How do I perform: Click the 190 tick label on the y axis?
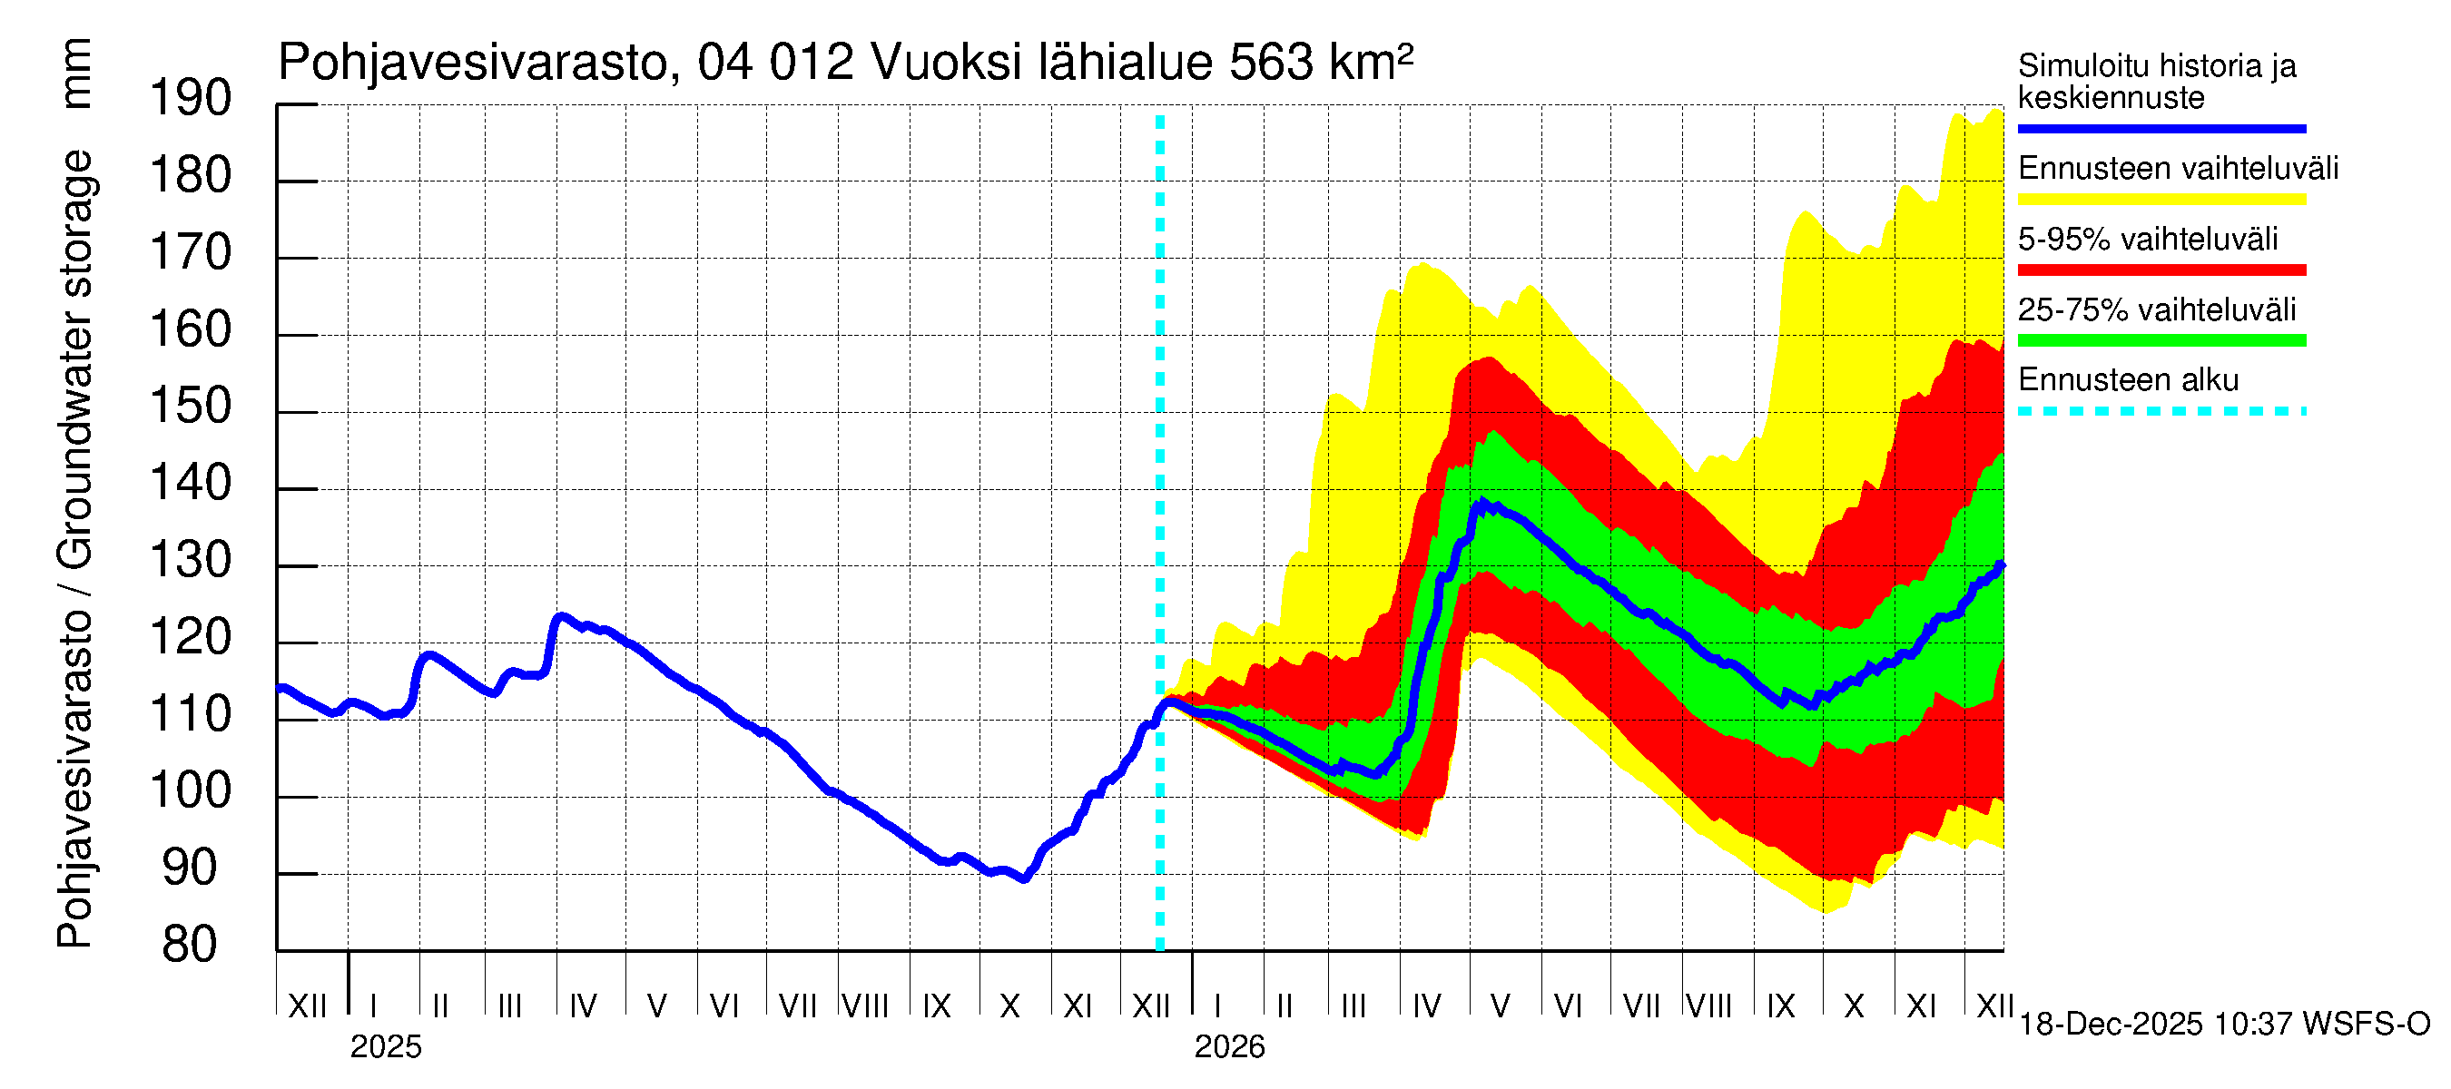click(x=191, y=99)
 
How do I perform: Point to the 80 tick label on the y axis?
click(x=191, y=946)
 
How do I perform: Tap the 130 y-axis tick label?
click(x=191, y=561)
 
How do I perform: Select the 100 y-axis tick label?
click(x=191, y=791)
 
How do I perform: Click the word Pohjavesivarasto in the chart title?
click(x=473, y=63)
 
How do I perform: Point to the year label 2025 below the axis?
click(x=385, y=1047)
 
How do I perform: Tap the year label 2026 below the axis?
click(x=1229, y=1047)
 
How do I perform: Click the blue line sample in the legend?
click(x=2161, y=128)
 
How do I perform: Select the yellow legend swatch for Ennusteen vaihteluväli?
click(x=2161, y=200)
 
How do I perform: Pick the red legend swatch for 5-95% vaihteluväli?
click(x=2161, y=270)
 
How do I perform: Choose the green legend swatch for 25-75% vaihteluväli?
click(x=2161, y=340)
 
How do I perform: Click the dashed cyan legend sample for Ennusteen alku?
click(x=2161, y=412)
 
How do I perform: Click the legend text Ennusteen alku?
click(x=2128, y=380)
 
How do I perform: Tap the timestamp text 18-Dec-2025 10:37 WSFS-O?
click(x=2223, y=1025)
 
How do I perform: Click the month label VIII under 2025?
click(x=865, y=1006)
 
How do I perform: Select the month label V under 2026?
click(x=1500, y=1006)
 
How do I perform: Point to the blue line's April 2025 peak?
click(x=562, y=616)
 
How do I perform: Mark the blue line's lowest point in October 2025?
click(x=1024, y=879)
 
